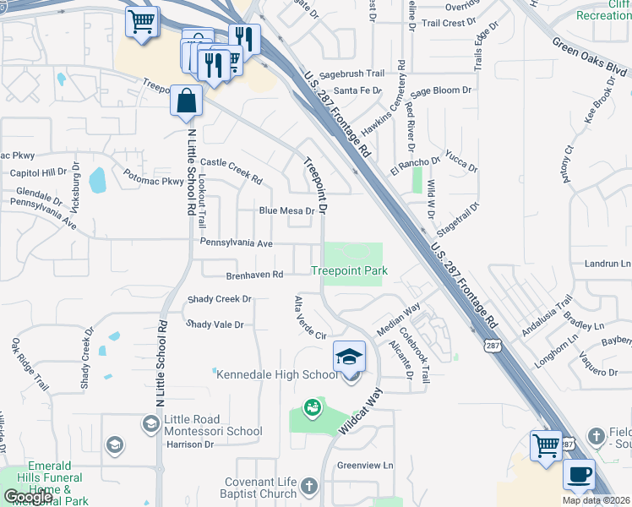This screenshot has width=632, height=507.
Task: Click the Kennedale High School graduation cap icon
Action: click(x=349, y=357)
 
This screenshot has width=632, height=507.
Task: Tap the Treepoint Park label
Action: click(x=349, y=271)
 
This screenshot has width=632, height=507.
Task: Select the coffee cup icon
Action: click(x=579, y=474)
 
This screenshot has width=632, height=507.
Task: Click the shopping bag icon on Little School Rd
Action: click(x=185, y=101)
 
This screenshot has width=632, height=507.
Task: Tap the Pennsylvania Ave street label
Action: click(x=237, y=243)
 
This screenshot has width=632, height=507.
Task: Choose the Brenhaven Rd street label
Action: click(x=253, y=275)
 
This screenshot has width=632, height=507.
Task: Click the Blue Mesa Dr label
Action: click(x=286, y=211)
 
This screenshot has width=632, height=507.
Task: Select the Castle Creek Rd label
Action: click(x=231, y=172)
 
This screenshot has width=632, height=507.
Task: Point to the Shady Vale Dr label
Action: click(x=215, y=324)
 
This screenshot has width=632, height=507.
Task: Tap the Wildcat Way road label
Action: click(x=362, y=412)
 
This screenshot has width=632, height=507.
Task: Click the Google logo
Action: click(x=28, y=497)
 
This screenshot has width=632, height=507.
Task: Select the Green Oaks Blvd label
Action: click(x=590, y=58)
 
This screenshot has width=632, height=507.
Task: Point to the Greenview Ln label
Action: click(x=366, y=466)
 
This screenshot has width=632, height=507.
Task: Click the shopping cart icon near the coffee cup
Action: click(x=546, y=444)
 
